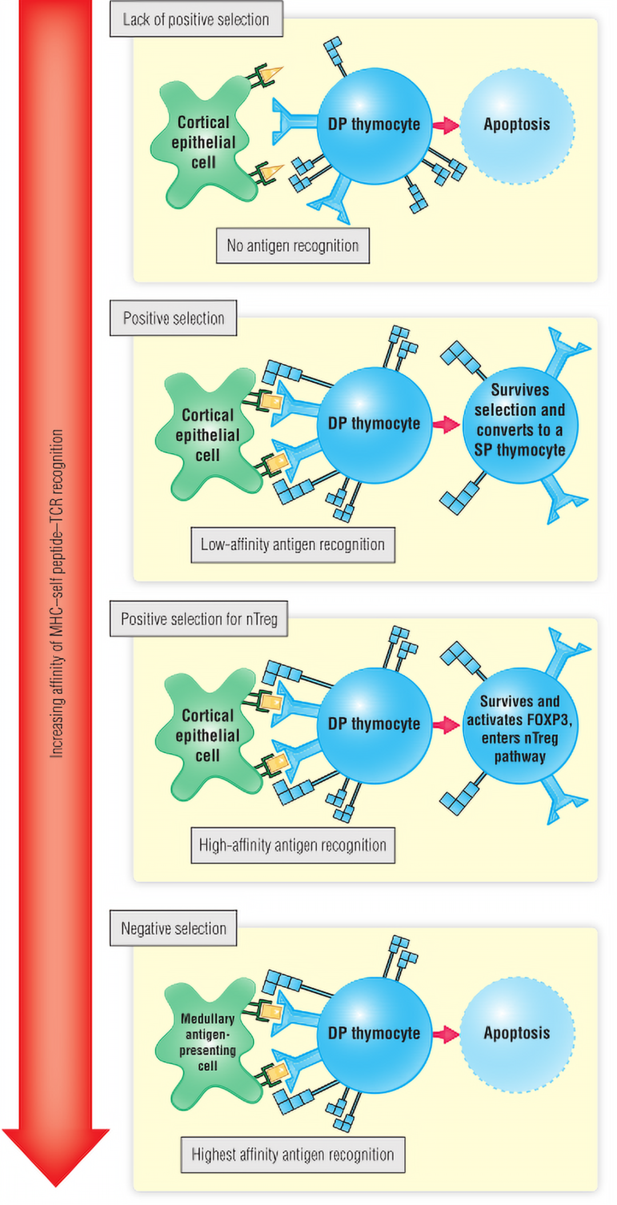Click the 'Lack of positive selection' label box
click(196, 19)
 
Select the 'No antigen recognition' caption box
click(293, 246)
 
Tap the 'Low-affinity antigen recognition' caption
click(293, 545)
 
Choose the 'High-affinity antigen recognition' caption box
click(293, 845)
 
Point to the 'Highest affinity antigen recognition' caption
click(293, 1155)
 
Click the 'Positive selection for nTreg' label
click(199, 619)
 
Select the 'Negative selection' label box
click(173, 928)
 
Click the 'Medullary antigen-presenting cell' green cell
click(207, 1043)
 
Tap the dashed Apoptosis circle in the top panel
click(517, 125)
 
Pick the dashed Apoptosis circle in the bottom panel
click(517, 1034)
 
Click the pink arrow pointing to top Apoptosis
click(446, 125)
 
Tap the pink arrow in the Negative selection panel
click(446, 1034)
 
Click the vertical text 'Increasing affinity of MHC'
click(56, 594)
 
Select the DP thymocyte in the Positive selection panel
click(374, 424)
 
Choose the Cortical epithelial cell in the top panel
click(203, 143)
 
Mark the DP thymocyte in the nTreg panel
click(374, 725)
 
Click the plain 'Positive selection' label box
click(173, 318)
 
